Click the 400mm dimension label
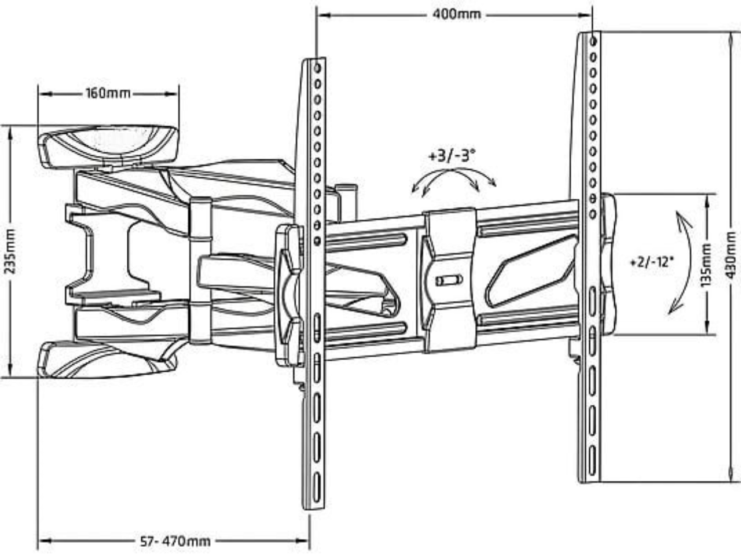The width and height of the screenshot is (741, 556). tap(457, 14)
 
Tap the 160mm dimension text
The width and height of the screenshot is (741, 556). tap(108, 93)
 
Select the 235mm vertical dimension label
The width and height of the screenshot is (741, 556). tap(10, 251)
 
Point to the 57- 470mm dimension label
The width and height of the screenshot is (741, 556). tap(175, 542)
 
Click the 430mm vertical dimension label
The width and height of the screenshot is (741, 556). tap(731, 255)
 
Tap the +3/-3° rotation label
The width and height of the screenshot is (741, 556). tap(452, 156)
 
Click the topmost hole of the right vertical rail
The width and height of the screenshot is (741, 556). tap(593, 41)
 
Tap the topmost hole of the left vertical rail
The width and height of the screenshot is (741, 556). tap(317, 68)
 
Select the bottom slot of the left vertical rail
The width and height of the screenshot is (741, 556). tap(317, 487)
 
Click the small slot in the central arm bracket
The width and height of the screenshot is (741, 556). tap(449, 280)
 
